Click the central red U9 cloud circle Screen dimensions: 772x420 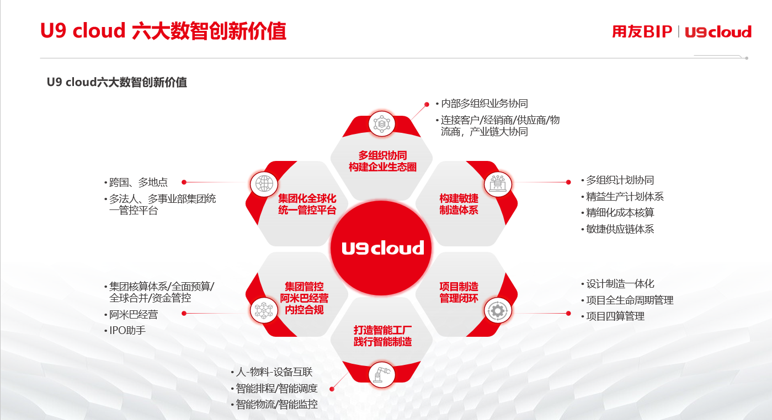(x=381, y=248)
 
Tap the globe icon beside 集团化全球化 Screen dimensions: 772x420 (x=264, y=184)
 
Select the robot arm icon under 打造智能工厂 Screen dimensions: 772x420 (x=382, y=374)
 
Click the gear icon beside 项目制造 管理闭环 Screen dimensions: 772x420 (x=497, y=310)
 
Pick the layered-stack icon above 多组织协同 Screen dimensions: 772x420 (x=381, y=123)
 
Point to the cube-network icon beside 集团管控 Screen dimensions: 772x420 (x=264, y=310)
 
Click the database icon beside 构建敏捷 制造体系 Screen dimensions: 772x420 (x=497, y=184)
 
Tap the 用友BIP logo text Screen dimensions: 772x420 (x=642, y=31)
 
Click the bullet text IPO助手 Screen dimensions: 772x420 (x=127, y=331)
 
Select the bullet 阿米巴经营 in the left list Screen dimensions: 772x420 (x=134, y=314)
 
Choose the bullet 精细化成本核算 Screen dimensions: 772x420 (x=620, y=212)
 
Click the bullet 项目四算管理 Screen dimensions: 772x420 (x=615, y=316)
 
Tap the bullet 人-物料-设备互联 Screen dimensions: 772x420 (x=274, y=372)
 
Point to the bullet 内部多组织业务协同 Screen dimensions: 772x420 (x=484, y=103)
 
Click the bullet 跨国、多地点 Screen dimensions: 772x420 (x=138, y=182)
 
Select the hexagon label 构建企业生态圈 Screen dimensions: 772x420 (x=382, y=167)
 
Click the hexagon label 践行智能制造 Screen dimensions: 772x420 (x=382, y=342)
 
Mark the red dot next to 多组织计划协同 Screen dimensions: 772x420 (x=568, y=182)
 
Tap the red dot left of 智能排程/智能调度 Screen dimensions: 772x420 (x=332, y=389)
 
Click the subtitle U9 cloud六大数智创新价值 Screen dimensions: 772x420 (x=117, y=82)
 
